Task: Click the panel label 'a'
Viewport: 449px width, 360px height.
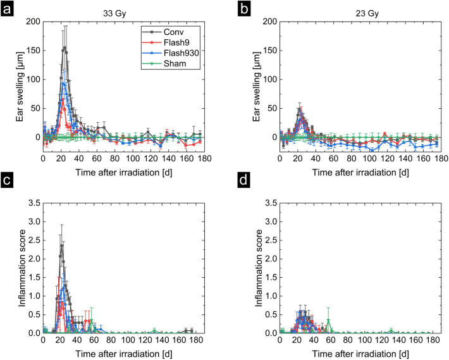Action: [x=8, y=11]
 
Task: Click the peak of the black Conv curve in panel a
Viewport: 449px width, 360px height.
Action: [x=64, y=47]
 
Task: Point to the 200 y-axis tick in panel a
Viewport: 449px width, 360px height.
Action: [x=33, y=22]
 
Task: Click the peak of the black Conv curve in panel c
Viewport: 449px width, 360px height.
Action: [x=61, y=245]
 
